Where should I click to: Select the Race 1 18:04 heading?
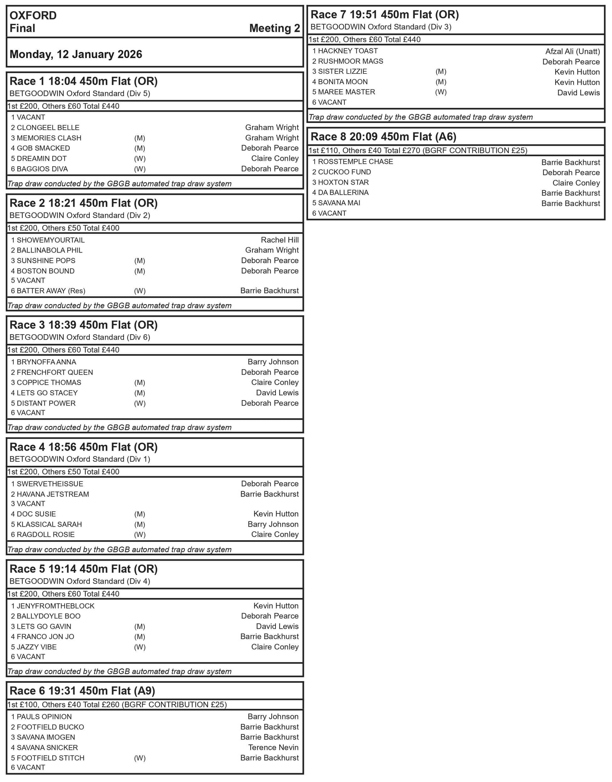[83, 81]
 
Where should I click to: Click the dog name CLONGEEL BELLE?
[48, 128]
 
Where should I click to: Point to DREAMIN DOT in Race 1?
[41, 159]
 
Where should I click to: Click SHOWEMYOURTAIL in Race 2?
[51, 240]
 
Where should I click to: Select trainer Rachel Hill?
[280, 240]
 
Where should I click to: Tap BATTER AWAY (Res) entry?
[51, 291]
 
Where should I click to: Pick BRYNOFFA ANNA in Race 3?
[46, 362]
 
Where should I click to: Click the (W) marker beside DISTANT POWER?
[140, 403]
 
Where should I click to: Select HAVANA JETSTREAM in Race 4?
[53, 494]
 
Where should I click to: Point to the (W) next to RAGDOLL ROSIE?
[140, 535]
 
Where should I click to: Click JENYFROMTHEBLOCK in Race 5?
[56, 606]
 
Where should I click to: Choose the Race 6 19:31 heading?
[82, 691]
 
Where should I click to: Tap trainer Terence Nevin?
[273, 747]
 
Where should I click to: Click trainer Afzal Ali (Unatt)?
[572, 51]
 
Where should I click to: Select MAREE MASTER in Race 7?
[346, 92]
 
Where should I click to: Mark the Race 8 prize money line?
[418, 151]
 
